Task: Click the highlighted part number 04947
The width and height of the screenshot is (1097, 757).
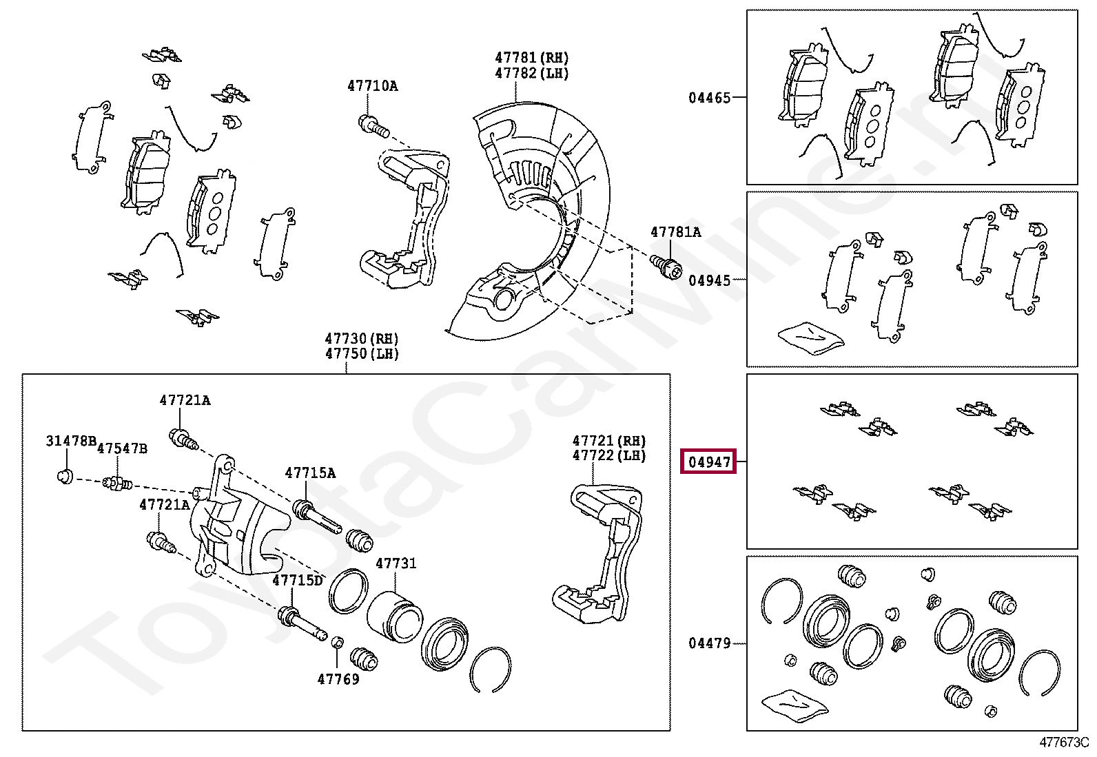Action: point(708,462)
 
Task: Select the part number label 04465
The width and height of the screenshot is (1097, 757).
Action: point(709,98)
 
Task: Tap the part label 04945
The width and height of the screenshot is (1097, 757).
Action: point(709,280)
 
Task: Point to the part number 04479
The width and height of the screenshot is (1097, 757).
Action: point(709,643)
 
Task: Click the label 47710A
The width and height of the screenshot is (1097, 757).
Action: point(372,86)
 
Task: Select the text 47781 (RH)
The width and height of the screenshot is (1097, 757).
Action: point(531,58)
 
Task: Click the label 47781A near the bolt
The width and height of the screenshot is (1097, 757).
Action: point(675,232)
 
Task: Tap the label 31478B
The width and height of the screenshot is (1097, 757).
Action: point(70,441)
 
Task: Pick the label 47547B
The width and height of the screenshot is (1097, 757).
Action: point(122,449)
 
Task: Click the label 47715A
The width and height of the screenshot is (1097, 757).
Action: point(310,473)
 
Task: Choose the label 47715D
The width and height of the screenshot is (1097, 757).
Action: point(297,580)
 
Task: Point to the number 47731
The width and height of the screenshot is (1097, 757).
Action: point(396,563)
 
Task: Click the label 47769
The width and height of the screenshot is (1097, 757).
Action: point(338,679)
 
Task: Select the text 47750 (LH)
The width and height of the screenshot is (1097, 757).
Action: point(362,354)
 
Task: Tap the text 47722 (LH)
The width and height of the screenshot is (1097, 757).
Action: point(608,456)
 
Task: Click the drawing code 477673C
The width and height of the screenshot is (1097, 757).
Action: point(1063,743)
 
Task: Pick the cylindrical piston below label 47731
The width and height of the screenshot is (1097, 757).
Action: point(393,616)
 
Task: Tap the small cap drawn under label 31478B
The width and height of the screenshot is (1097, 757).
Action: point(64,476)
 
